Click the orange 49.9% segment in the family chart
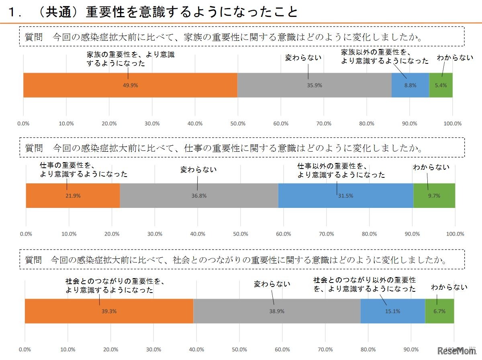[x=130, y=85]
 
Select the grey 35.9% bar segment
[x=314, y=85]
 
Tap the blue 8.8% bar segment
[x=410, y=85]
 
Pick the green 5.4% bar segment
[x=441, y=85]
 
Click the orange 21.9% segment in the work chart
[x=73, y=196]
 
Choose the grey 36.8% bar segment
[x=199, y=196]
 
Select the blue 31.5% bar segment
[x=345, y=196]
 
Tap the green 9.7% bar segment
[x=434, y=196]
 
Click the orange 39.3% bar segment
[x=109, y=311]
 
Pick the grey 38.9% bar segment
[x=277, y=311]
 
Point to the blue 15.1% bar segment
[x=392, y=311]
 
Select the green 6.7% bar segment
[x=439, y=311]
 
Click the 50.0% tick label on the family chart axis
[x=238, y=124]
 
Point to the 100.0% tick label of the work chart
[x=455, y=234]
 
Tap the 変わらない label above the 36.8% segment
[x=198, y=169]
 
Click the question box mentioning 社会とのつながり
[x=242, y=259]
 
